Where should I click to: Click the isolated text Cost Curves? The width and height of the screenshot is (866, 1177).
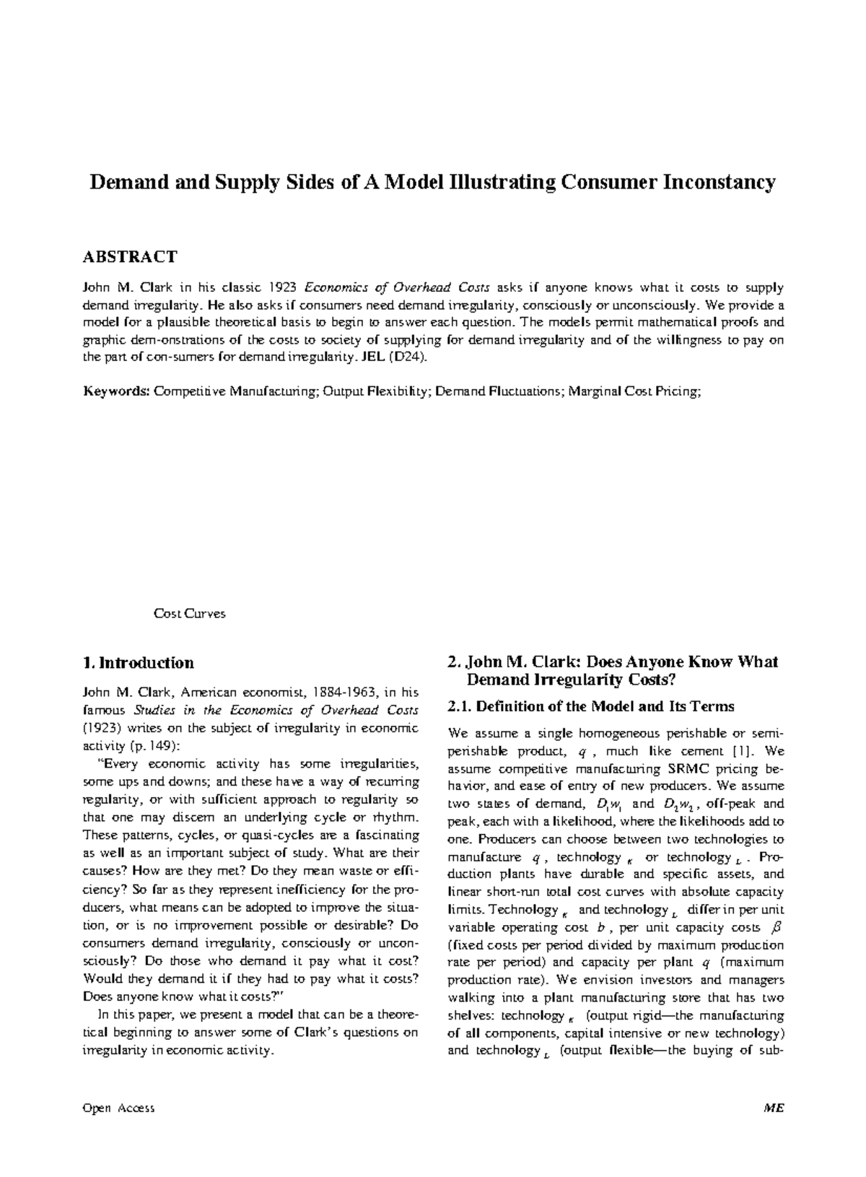189,614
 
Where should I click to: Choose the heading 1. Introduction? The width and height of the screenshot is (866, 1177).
139,663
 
